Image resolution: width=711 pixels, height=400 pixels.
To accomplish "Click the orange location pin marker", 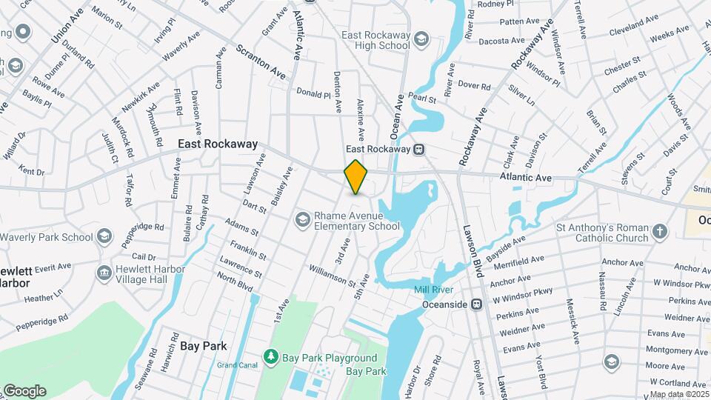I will coord(356,177).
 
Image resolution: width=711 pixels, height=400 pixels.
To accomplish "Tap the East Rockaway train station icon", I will coord(418,149).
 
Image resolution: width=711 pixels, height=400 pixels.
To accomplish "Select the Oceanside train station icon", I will coord(478,304).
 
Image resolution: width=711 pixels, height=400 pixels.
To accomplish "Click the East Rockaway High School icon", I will coord(421,39).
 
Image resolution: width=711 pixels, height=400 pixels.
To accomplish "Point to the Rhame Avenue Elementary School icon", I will coord(302,219).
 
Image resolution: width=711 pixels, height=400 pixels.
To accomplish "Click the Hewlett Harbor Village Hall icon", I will coord(104,273).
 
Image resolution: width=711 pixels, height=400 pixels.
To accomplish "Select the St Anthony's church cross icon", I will coord(659,233).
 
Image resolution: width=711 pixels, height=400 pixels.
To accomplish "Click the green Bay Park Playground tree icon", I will coord(272,359).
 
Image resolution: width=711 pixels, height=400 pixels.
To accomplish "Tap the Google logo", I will coord(24,391).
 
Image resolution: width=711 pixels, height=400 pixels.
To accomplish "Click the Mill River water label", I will coord(433,290).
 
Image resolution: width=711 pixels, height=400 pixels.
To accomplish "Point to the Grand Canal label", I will coord(236,364).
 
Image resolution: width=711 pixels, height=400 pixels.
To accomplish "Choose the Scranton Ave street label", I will coord(261,62).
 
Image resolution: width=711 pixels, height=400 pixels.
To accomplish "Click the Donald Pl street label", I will coord(313,94).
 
